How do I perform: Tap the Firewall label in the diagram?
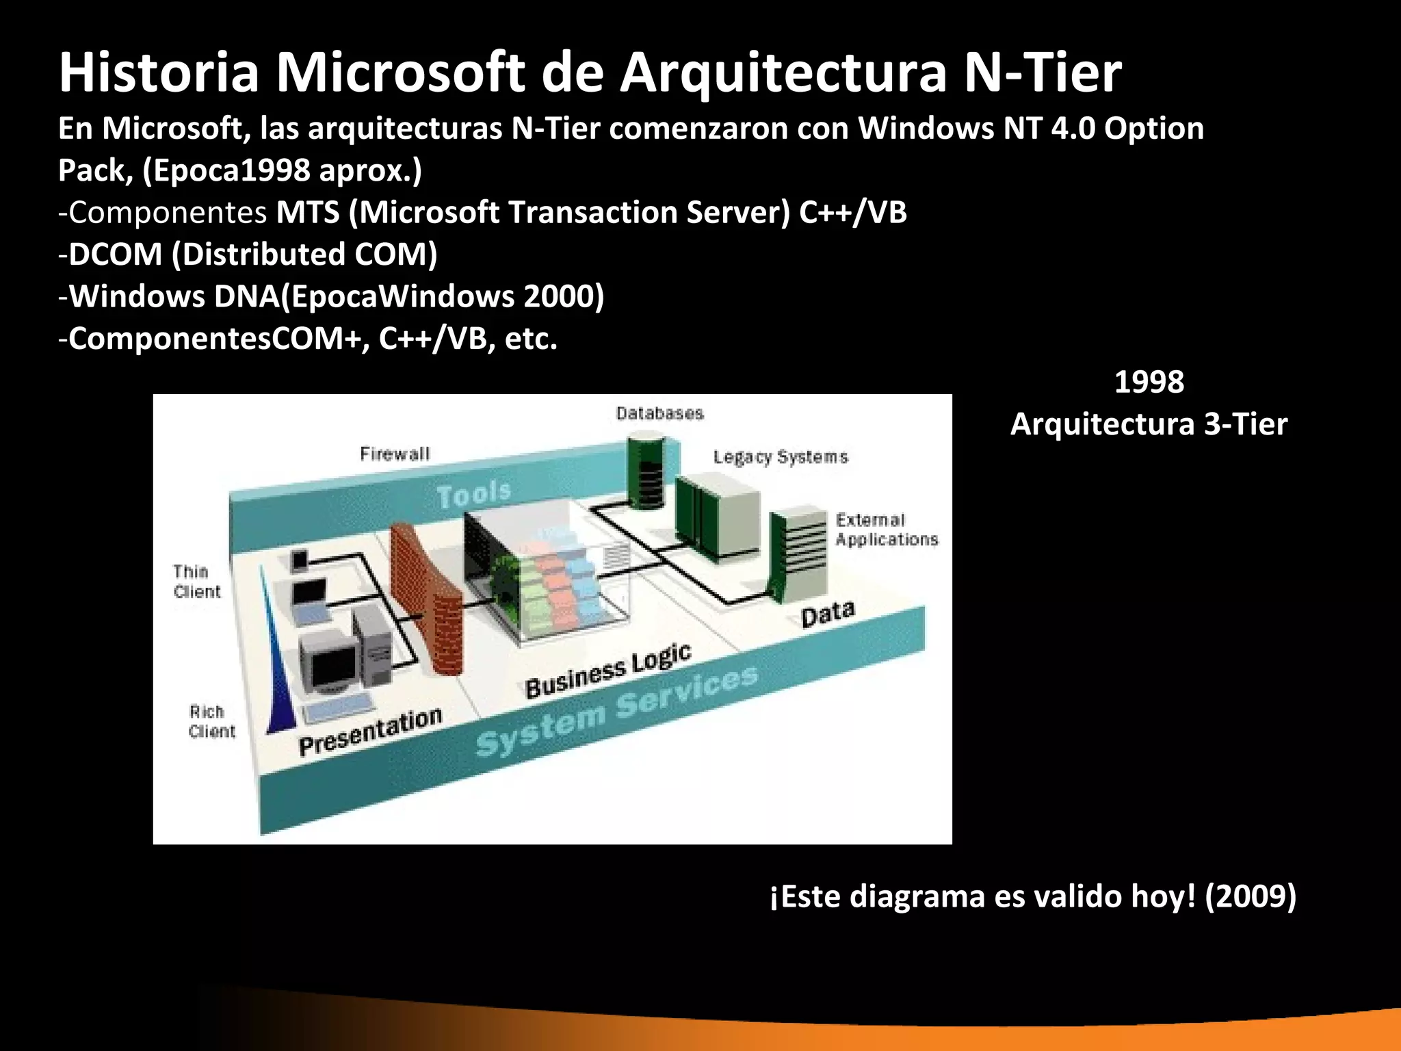point(395,454)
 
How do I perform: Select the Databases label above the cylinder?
point(659,413)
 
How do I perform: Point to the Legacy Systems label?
point(781,457)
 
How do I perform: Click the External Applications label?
point(887,530)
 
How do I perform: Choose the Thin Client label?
point(196,581)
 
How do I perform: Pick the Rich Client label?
point(211,721)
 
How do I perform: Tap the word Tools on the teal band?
point(474,494)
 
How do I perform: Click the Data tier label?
point(828,614)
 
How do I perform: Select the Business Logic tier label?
point(608,671)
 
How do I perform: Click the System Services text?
point(616,711)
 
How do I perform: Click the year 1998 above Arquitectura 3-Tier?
point(1149,382)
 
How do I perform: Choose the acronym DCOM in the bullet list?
point(116,255)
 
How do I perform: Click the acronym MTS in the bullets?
point(308,213)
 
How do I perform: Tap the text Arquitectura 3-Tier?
point(1149,424)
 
